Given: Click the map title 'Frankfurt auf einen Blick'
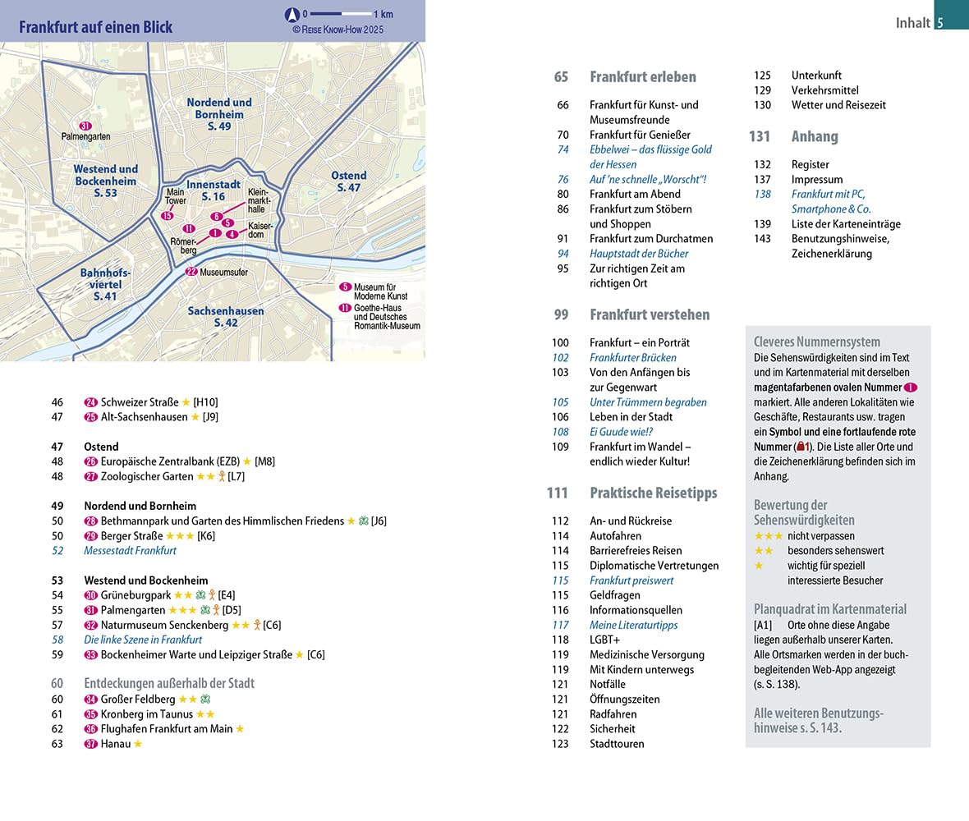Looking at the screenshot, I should (x=96, y=27).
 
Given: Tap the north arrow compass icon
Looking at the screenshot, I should (x=291, y=14).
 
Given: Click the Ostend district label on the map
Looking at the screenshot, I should (x=348, y=181).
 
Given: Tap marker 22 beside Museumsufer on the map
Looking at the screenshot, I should (x=191, y=272).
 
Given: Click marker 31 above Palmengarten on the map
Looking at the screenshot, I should (x=85, y=126).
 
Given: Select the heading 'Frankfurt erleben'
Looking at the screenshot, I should (x=642, y=77).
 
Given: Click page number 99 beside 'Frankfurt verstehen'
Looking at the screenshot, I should (x=561, y=314).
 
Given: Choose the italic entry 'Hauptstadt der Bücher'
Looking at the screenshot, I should (x=639, y=254).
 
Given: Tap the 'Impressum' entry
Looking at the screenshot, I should (x=816, y=179).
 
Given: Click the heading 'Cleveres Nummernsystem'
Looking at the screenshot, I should (x=816, y=342).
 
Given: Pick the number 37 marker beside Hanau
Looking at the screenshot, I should (x=91, y=744).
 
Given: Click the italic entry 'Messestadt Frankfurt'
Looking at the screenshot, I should (x=130, y=550).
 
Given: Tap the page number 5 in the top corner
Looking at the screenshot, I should (x=940, y=23).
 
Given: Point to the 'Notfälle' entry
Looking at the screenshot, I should (x=607, y=684).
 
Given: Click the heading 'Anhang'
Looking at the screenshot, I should (x=814, y=136).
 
